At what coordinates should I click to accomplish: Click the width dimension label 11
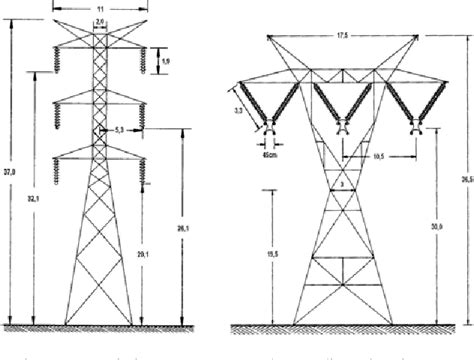click(x=98, y=7)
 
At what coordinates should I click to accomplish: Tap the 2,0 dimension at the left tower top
click(x=98, y=19)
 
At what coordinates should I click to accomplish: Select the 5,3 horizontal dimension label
click(x=120, y=130)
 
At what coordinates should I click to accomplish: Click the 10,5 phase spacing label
click(x=379, y=157)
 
